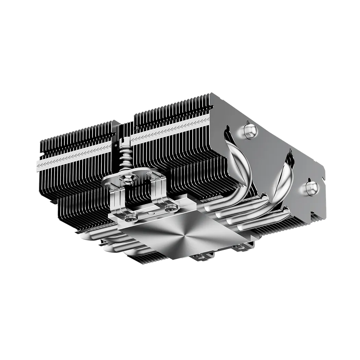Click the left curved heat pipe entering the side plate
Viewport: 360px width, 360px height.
(240, 165)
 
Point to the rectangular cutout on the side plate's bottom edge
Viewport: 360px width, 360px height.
(322, 178)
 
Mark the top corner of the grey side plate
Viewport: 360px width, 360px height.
(210, 93)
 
